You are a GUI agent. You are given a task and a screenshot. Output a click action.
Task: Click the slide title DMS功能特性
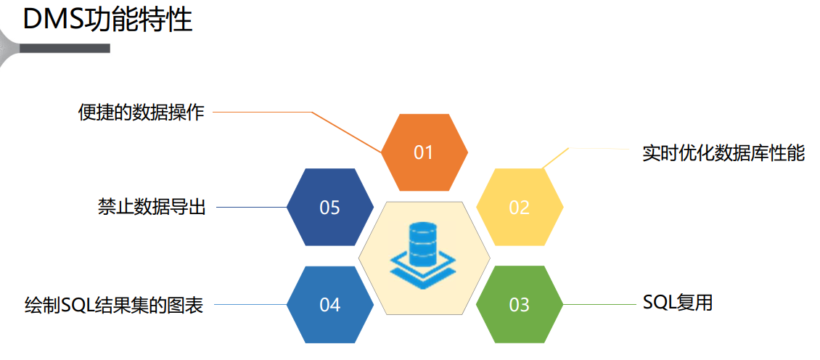(107, 20)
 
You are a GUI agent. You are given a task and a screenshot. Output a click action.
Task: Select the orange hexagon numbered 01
(424, 152)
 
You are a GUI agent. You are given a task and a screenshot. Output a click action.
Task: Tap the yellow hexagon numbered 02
(519, 208)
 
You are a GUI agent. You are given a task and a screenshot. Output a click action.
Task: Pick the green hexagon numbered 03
(519, 305)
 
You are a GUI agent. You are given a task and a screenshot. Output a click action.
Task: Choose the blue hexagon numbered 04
(330, 305)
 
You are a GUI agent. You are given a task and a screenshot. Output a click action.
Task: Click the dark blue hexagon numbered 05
(330, 208)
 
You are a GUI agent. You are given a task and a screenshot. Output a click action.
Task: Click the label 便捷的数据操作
(142, 112)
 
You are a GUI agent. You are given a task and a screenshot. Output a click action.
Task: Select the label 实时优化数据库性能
(723, 153)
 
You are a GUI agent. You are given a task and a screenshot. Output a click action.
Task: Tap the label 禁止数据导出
(152, 207)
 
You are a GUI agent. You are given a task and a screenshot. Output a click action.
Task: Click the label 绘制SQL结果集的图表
(113, 305)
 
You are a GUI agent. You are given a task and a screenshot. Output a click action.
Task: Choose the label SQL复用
(678, 303)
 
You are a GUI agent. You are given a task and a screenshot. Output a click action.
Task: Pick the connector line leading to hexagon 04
(251, 305)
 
